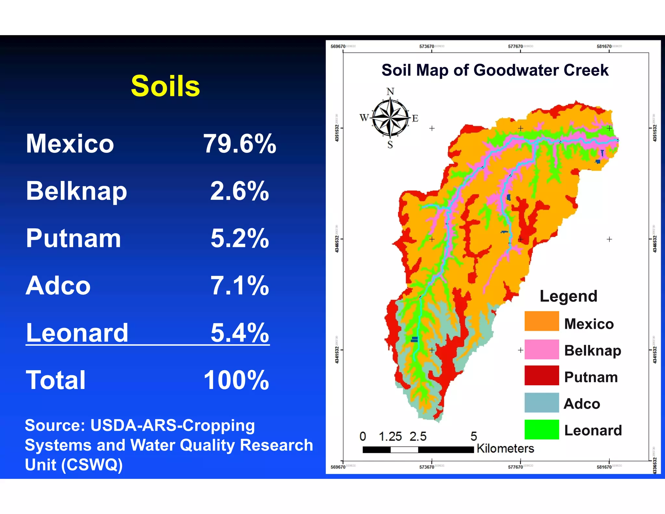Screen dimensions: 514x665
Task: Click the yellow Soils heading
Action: tap(165, 86)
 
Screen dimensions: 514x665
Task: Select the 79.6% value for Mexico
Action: tap(240, 144)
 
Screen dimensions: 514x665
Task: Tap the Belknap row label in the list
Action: tap(76, 191)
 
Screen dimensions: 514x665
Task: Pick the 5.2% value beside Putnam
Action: tap(240, 238)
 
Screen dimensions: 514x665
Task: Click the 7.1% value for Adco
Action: tap(240, 286)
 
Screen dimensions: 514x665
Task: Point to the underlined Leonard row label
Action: tap(77, 333)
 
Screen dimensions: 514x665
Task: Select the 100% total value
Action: tap(236, 380)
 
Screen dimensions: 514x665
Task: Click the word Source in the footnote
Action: tap(55, 425)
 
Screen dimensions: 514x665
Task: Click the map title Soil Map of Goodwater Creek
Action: tap(495, 70)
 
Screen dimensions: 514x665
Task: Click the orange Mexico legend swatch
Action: tap(542, 321)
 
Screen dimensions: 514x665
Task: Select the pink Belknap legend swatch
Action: tap(542, 349)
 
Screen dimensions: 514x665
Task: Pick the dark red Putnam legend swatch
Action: tap(542, 376)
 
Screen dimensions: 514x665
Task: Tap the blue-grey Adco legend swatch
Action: tap(542, 403)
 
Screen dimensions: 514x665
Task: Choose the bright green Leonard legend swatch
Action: tap(542, 430)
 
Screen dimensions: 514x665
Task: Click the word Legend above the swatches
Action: tap(568, 296)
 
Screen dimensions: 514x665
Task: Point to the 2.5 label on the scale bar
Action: tap(418, 436)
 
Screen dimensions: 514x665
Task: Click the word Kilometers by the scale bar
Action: tap(505, 449)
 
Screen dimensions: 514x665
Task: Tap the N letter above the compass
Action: tap(390, 92)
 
